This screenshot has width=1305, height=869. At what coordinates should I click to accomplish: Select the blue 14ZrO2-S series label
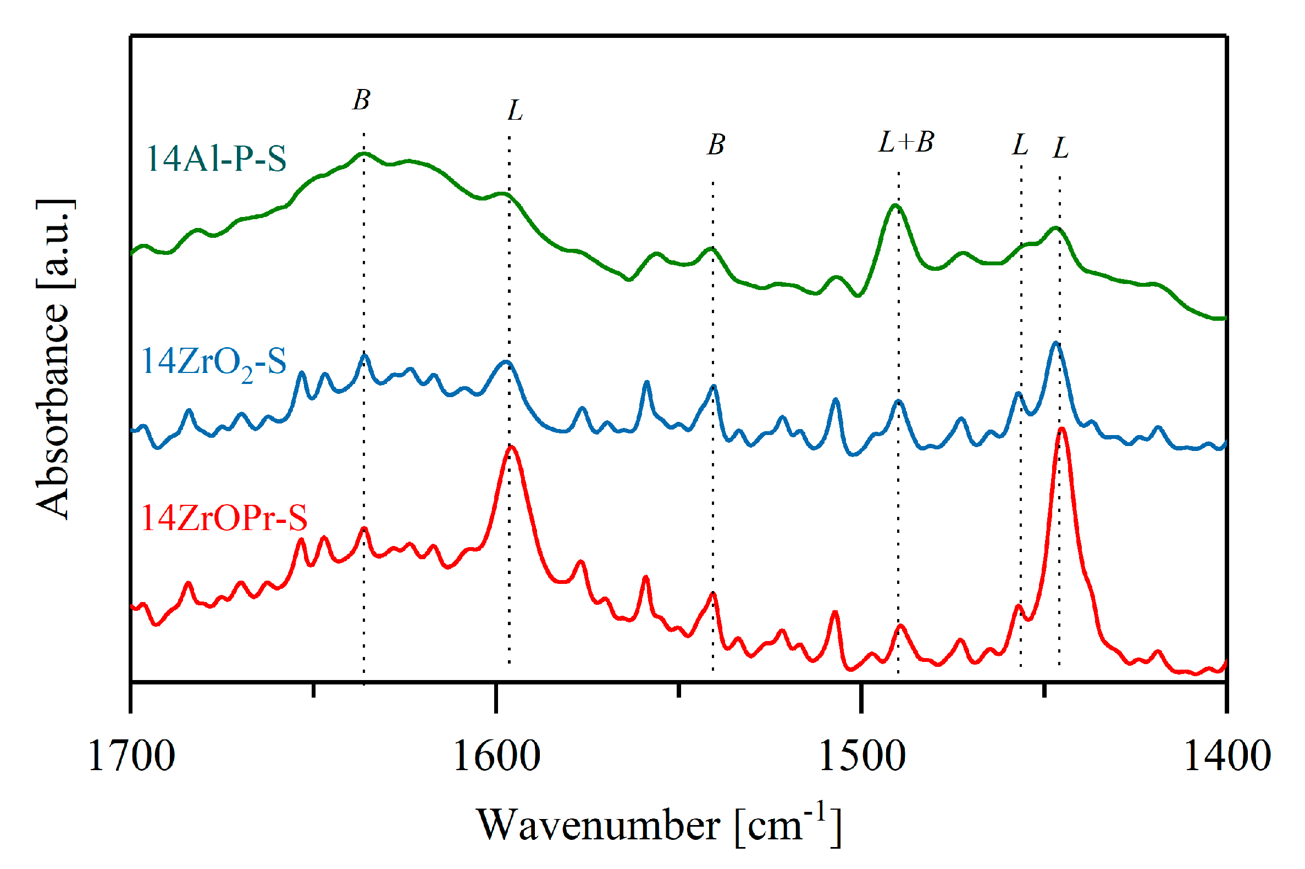(x=213, y=363)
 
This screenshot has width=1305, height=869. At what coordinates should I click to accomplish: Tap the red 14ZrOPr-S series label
(x=224, y=518)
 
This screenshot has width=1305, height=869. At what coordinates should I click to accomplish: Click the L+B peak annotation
(x=906, y=142)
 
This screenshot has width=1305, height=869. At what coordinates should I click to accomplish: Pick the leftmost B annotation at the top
(x=361, y=101)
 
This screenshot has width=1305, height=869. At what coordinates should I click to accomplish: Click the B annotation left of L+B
(x=716, y=144)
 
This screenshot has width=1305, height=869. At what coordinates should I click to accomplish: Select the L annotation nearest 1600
(x=515, y=111)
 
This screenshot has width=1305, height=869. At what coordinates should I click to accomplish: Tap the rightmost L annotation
(x=1060, y=148)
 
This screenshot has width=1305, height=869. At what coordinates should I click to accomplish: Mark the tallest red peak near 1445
(x=1061, y=430)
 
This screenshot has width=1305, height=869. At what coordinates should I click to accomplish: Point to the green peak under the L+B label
(x=894, y=205)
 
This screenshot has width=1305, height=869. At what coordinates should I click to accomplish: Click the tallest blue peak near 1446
(x=1056, y=343)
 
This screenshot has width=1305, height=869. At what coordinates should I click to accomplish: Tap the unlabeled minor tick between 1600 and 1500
(x=678, y=690)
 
